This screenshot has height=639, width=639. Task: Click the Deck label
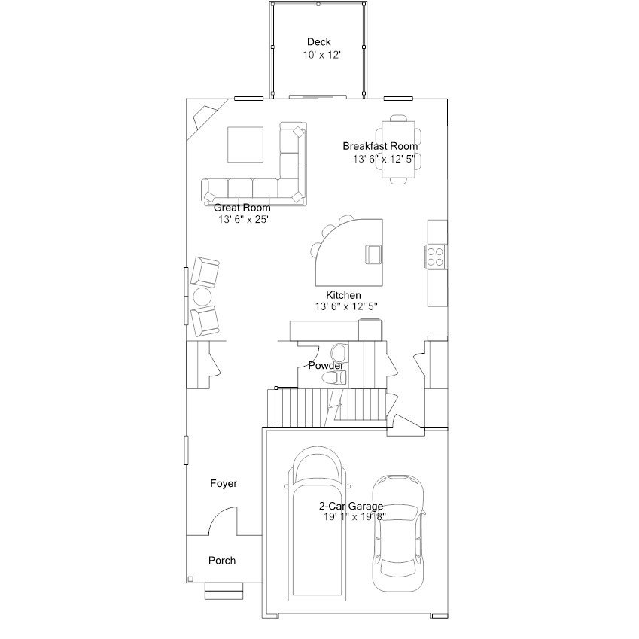click(318, 41)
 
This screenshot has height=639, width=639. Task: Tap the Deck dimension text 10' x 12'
click(321, 55)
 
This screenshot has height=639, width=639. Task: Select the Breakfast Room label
click(380, 146)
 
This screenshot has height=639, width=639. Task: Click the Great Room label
click(242, 208)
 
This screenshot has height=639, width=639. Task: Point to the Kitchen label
click(343, 294)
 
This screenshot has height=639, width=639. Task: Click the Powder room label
click(326, 365)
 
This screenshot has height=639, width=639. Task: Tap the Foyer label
click(224, 483)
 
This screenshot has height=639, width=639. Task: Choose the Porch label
click(222, 560)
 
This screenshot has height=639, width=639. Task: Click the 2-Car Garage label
click(351, 506)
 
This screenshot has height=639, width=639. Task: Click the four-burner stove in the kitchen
click(435, 257)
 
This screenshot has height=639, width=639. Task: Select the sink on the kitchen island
click(374, 254)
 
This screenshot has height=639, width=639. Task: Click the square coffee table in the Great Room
click(245, 145)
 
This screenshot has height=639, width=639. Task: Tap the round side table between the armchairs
click(202, 297)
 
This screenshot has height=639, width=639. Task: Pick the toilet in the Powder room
click(334, 378)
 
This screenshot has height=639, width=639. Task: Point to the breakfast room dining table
click(399, 150)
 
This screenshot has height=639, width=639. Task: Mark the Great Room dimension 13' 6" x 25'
click(243, 219)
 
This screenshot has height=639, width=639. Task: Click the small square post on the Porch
click(190, 579)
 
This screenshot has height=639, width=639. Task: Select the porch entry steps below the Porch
click(224, 591)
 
